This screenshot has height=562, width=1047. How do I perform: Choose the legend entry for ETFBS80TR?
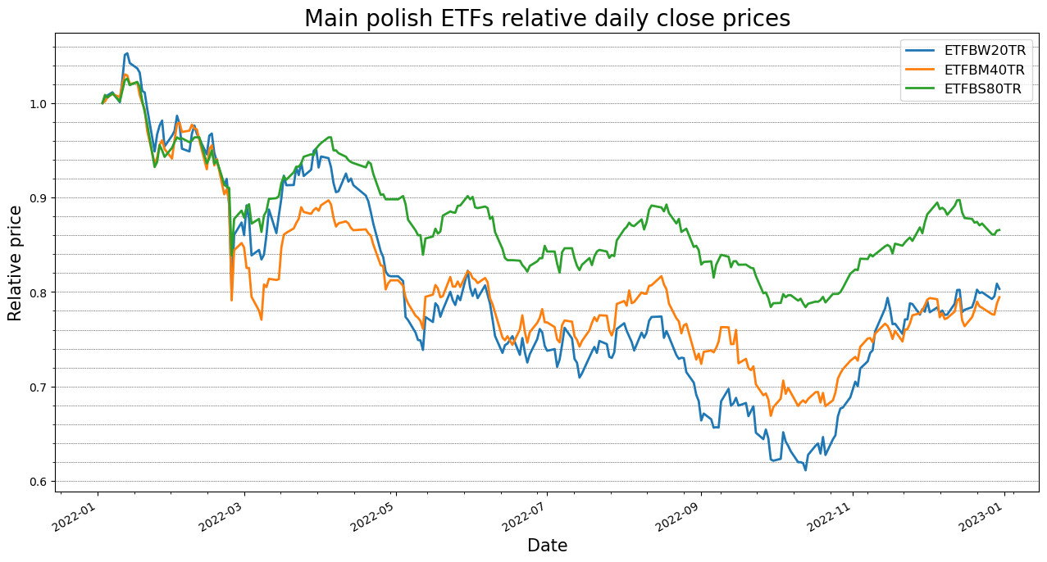(x=982, y=89)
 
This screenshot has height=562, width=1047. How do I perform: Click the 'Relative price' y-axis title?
(x=16, y=263)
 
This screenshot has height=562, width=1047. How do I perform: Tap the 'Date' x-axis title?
(x=547, y=546)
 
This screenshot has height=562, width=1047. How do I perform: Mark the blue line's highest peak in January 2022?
(x=126, y=53)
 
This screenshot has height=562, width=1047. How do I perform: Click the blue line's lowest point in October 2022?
(x=805, y=470)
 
